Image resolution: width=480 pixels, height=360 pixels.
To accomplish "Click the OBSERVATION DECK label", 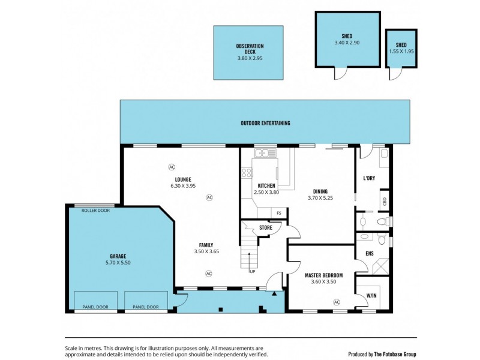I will click(250, 49).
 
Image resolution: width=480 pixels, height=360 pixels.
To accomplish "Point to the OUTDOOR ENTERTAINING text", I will click(265, 123).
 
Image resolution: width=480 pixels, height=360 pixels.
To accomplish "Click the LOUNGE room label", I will click(183, 179).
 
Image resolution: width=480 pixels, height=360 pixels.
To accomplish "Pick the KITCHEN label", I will click(266, 185).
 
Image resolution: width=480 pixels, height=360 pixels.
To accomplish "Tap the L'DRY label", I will click(369, 178).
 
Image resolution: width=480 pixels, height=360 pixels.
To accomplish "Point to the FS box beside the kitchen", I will click(279, 213).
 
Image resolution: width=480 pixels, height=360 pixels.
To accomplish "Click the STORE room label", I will click(266, 227).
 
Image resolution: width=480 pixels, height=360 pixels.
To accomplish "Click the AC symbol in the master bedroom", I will click(336, 302).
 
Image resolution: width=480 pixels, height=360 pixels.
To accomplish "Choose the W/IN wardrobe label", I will click(371, 295).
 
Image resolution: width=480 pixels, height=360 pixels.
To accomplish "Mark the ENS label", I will click(370, 254).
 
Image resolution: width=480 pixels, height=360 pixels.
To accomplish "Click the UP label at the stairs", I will click(253, 271).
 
